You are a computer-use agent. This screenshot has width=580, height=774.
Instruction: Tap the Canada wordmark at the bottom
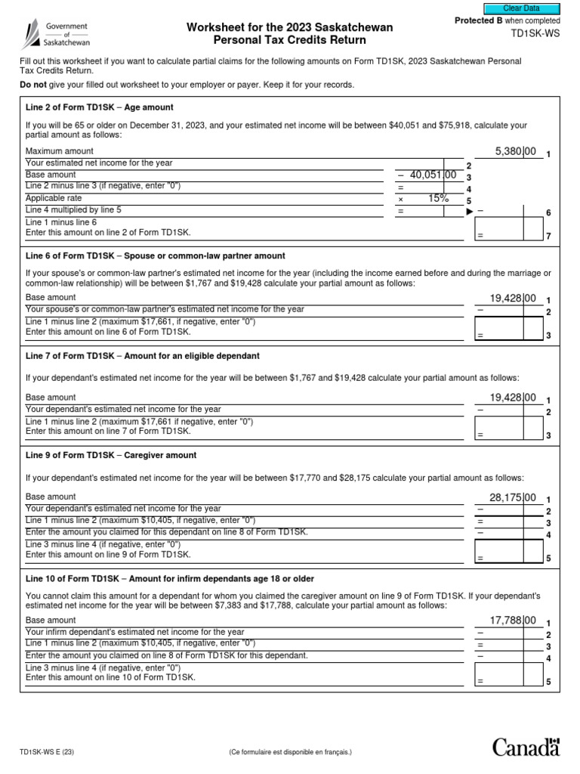pyautogui.click(x=526, y=748)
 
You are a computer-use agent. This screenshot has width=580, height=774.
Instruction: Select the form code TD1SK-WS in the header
pyautogui.click(x=532, y=35)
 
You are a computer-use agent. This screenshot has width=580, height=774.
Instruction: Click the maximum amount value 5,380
pyautogui.click(x=516, y=152)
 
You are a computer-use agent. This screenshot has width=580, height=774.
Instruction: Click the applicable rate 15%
pyautogui.click(x=438, y=198)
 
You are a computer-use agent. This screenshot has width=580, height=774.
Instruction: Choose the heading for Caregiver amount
pyautogui.click(x=111, y=456)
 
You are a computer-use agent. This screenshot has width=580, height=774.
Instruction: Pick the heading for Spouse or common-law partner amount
pyautogui.click(x=156, y=256)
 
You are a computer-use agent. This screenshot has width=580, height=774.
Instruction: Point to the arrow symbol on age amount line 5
pyautogui.click(x=469, y=211)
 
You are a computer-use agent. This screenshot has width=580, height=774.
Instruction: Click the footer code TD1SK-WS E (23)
pyautogui.click(x=47, y=753)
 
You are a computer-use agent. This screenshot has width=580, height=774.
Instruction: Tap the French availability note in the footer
pyautogui.click(x=291, y=753)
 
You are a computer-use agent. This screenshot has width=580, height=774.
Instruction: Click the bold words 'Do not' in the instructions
pyautogui.click(x=33, y=85)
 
